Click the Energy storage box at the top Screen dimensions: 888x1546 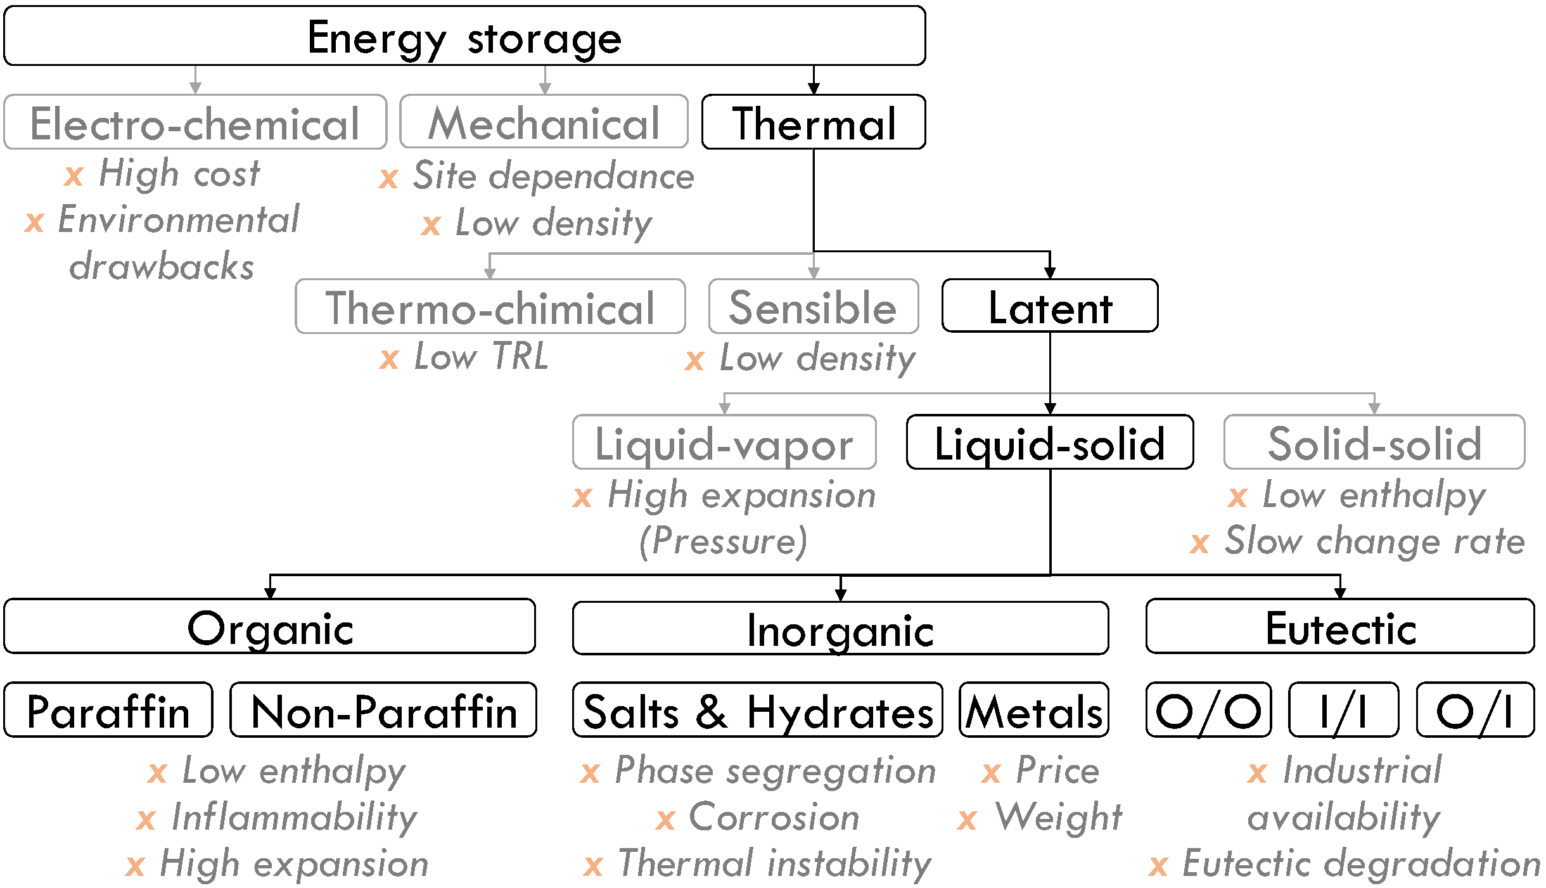464,36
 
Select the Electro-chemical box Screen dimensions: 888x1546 195,122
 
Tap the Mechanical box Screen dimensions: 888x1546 544,122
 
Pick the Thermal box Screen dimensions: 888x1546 814,122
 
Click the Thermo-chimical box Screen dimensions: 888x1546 490,307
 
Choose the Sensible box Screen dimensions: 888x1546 814,307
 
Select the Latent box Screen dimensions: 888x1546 1050,306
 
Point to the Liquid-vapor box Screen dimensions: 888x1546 724,442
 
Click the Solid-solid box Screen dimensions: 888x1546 1374,442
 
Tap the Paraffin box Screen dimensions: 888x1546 108,710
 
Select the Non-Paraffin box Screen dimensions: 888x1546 383,710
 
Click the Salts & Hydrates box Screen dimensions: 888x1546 757,710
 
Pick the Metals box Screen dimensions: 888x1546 1034,710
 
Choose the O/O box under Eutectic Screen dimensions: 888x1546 1208,710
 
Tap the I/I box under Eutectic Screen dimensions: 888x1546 1343,710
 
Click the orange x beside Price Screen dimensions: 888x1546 991,773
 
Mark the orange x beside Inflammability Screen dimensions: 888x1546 146,820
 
